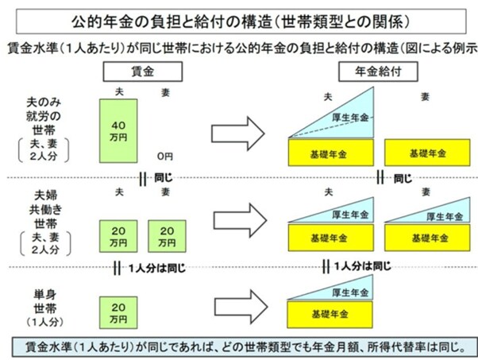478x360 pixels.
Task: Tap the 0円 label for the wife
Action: pos(165,155)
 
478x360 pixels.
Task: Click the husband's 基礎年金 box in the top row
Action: pos(329,151)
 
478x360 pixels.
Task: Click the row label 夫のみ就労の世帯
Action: pos(49,114)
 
